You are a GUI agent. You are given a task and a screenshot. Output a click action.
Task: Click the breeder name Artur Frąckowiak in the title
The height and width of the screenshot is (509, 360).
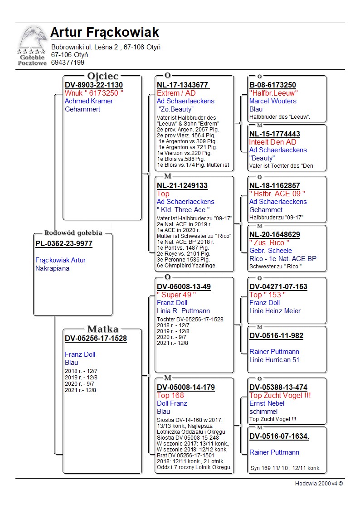[105, 33]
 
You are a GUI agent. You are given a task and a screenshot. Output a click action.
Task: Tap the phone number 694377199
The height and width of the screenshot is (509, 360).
[68, 63]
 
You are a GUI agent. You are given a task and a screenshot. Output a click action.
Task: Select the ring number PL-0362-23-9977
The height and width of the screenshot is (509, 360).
[64, 244]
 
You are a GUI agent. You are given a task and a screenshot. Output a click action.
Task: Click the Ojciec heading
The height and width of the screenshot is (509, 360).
[103, 76]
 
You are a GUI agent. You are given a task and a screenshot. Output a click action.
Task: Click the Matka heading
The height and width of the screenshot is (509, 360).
[103, 330]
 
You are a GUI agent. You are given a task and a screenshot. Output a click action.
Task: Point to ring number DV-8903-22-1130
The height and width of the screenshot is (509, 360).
[94, 85]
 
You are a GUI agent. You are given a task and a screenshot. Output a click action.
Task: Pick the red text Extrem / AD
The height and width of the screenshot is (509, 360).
[176, 93]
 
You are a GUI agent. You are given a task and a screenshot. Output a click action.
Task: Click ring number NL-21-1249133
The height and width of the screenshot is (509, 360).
[182, 186]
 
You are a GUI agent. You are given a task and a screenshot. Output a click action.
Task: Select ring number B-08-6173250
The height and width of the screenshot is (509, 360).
[272, 85]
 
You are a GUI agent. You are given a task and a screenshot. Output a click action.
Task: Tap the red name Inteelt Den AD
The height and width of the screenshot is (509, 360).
[272, 142]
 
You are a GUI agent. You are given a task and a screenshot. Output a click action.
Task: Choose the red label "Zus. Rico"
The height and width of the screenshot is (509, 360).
[269, 243]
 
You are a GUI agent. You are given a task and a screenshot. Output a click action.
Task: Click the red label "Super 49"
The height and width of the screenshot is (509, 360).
[176, 295]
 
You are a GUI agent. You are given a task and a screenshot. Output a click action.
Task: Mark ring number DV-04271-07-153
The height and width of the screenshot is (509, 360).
[278, 287]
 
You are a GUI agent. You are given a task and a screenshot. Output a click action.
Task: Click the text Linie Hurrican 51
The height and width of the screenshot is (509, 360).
[274, 360]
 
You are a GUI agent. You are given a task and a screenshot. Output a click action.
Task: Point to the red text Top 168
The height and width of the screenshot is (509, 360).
[170, 396]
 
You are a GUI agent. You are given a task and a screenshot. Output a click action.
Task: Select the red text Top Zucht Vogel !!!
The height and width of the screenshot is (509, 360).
[280, 396]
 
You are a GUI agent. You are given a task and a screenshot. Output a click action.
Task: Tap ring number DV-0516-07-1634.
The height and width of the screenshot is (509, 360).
[279, 436]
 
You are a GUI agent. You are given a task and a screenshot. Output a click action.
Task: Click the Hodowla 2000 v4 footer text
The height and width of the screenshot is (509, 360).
[319, 484]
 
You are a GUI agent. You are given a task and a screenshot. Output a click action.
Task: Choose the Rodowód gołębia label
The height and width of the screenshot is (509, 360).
[73, 233]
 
